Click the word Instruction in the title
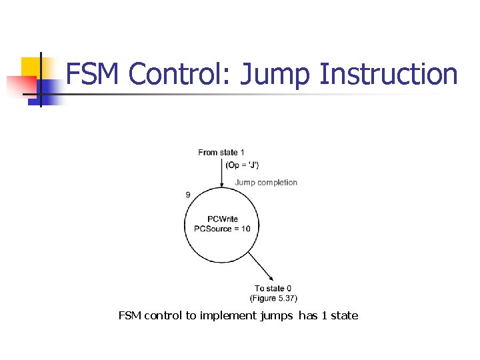(x=389, y=74)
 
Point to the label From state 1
(x=221, y=153)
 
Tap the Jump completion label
(x=266, y=182)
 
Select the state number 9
(x=188, y=195)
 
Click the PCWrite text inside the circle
(x=222, y=219)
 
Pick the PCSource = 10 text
(x=222, y=229)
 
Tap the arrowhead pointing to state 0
(x=272, y=279)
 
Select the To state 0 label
(x=273, y=289)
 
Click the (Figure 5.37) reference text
(x=273, y=298)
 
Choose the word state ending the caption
(x=344, y=315)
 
